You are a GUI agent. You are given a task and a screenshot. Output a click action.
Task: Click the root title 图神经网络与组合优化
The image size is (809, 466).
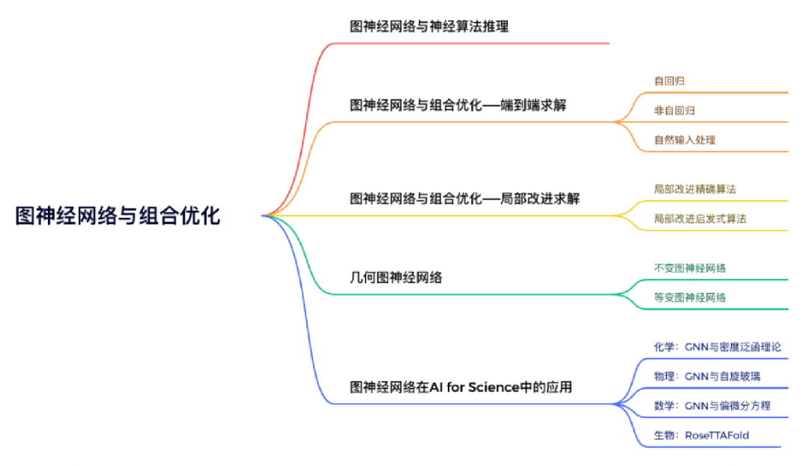(x=118, y=216)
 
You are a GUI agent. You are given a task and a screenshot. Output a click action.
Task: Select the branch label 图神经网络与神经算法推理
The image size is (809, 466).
(x=429, y=26)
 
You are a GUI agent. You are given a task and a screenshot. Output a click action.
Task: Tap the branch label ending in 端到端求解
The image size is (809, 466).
(x=458, y=106)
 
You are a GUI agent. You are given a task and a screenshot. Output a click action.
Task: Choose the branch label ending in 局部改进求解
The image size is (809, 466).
(x=465, y=199)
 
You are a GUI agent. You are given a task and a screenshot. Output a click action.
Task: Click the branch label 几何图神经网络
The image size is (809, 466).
(x=396, y=278)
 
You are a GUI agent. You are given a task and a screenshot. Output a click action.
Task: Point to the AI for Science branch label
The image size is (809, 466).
(x=461, y=387)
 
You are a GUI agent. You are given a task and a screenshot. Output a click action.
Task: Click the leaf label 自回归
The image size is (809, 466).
(x=669, y=81)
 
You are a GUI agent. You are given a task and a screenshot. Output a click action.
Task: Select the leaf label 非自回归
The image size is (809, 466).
(x=674, y=110)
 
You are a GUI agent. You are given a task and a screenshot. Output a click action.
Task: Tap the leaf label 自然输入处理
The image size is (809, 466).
(x=685, y=140)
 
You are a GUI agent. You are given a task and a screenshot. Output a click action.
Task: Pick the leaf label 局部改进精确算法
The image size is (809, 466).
(x=695, y=189)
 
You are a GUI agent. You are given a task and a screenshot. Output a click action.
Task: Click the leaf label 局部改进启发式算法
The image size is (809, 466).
(x=700, y=219)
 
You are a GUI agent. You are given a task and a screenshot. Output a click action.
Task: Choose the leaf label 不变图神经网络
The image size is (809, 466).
(x=690, y=267)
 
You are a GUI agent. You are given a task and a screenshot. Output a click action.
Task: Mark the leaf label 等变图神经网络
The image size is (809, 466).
(x=690, y=297)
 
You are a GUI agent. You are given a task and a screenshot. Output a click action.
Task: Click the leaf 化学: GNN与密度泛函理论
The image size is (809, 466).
(x=718, y=347)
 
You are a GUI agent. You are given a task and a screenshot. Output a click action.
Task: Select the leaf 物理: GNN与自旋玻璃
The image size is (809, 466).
(x=707, y=376)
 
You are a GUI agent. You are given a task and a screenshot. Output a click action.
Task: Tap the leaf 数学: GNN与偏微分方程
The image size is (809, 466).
(x=712, y=405)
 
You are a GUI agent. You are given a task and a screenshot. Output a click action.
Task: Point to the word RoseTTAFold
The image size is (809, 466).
(x=717, y=435)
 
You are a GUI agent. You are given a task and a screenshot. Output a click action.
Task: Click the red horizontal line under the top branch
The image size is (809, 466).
(x=470, y=43)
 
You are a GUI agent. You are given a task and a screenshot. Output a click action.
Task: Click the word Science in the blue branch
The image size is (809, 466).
(x=494, y=387)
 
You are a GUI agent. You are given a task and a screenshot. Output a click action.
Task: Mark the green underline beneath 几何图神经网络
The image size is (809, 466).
(x=470, y=294)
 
